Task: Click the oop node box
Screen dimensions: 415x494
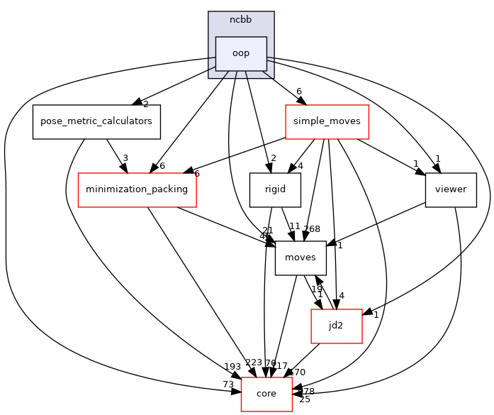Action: (241, 53)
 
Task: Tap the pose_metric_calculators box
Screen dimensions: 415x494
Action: (96, 121)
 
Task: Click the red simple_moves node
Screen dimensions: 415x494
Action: (327, 121)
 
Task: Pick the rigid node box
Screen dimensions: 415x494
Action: (275, 189)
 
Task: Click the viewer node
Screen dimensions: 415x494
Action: (451, 189)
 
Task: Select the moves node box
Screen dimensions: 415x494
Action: (301, 258)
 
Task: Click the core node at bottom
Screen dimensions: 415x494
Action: (266, 394)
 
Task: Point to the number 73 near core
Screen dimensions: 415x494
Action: (229, 384)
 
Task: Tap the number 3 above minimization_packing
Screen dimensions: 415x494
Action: (125, 159)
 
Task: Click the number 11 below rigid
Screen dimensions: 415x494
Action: (295, 226)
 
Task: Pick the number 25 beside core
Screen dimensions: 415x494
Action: (305, 399)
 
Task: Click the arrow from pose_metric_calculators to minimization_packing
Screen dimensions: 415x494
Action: (116, 155)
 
